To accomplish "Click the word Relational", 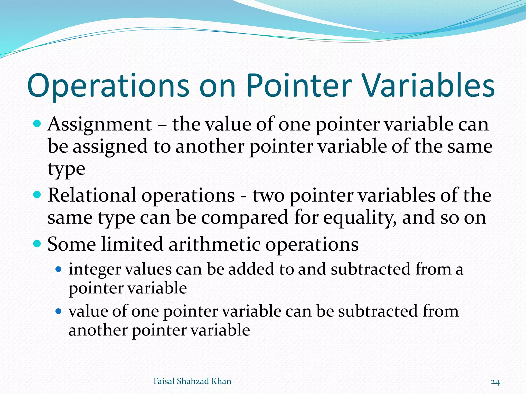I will click(92, 195).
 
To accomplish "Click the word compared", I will click(245, 218).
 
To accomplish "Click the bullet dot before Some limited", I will click(37, 243).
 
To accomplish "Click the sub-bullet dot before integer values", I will click(59, 269).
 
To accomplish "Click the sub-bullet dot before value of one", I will click(59, 311).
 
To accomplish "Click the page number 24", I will click(495, 382).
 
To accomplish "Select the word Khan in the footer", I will click(221, 381).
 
